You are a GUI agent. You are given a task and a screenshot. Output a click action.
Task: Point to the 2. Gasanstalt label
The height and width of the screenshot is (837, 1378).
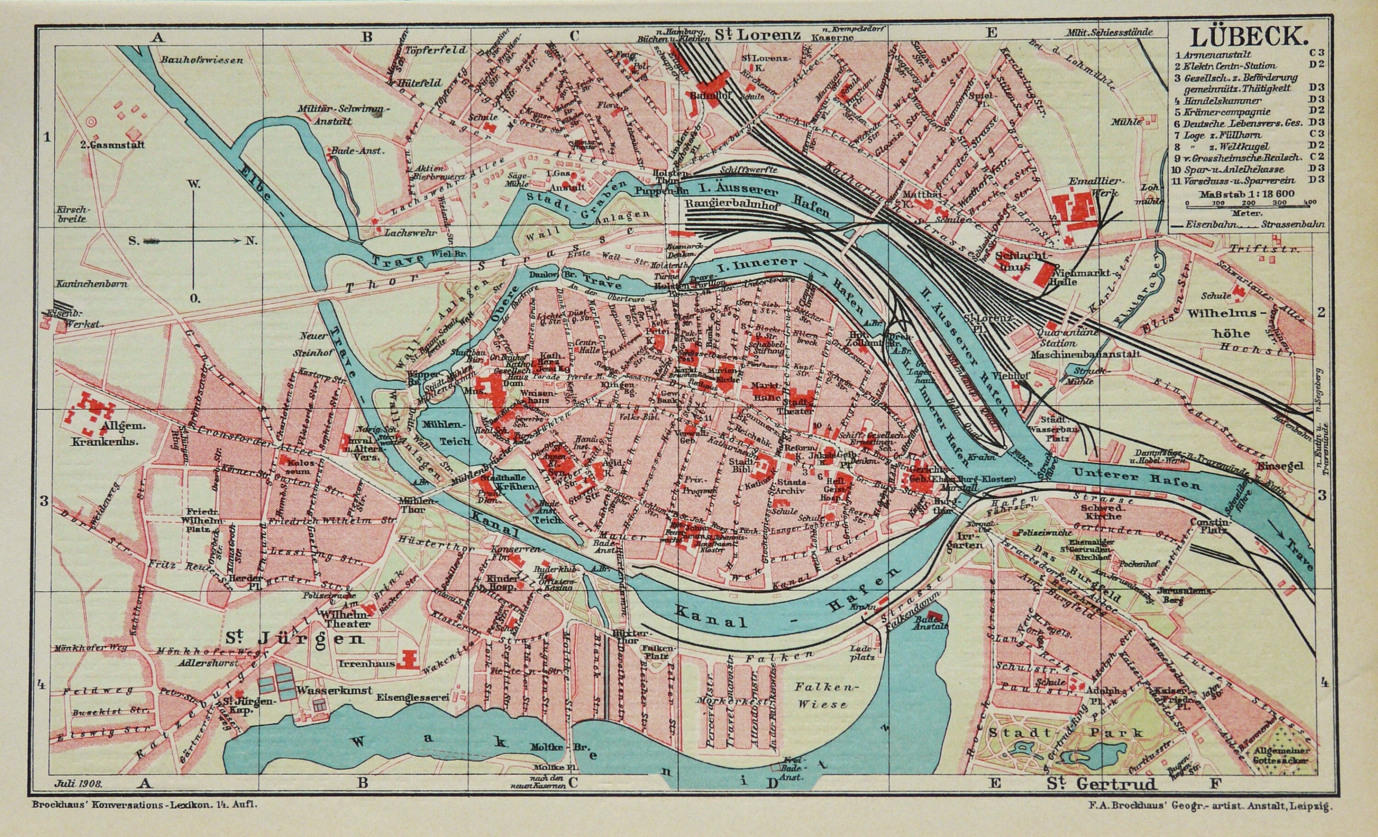(x=112, y=144)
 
